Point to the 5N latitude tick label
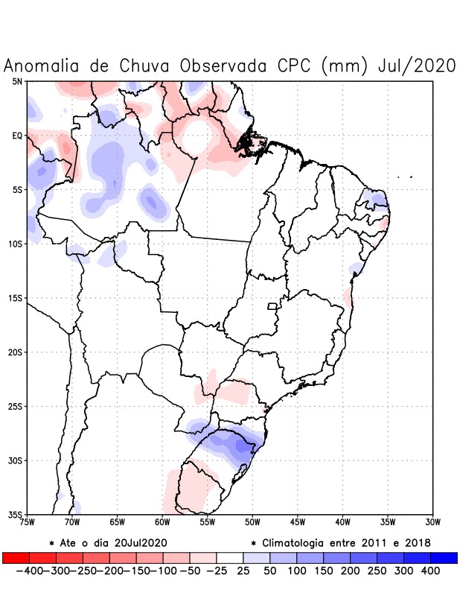click(x=16, y=81)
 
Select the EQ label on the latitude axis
click(x=16, y=136)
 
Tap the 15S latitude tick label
click(x=15, y=298)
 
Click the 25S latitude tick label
click(x=15, y=406)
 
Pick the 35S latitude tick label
click(x=15, y=514)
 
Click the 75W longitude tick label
click(x=28, y=522)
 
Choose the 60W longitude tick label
click(x=162, y=522)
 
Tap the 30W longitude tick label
click(x=432, y=522)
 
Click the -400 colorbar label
click(x=28, y=571)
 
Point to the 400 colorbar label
click(x=430, y=571)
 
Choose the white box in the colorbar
click(x=230, y=557)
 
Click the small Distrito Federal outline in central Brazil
click(x=272, y=305)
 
